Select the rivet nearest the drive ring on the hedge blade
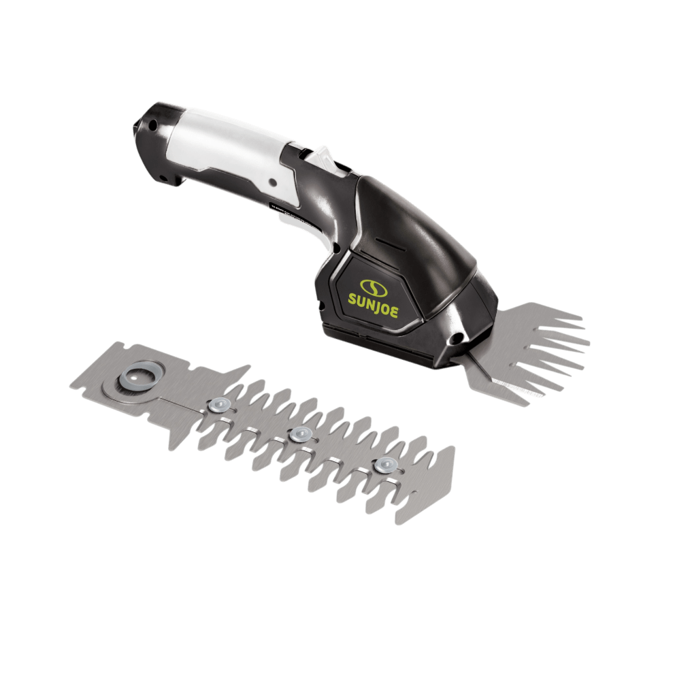pos(218,404)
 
